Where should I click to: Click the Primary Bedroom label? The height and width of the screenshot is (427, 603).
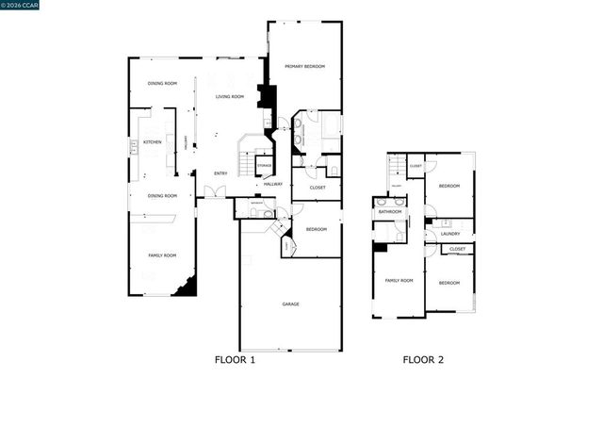tap(305, 66)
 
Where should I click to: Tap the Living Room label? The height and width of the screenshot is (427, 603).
tap(230, 97)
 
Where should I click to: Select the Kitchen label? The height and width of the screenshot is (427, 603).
tap(152, 142)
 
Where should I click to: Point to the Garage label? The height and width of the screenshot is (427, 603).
tap(291, 304)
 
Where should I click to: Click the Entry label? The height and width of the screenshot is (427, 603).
tap(220, 172)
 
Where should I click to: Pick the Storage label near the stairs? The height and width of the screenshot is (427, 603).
tap(264, 166)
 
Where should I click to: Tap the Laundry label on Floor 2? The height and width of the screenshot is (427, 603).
tap(450, 233)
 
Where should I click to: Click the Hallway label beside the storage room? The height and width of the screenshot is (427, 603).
tap(273, 183)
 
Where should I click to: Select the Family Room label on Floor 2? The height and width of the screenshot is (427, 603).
tap(399, 281)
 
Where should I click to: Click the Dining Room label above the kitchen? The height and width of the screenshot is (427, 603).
tap(162, 85)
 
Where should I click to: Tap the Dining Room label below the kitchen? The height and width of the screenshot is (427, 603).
tap(162, 195)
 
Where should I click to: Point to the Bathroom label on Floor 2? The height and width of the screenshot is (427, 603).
tap(390, 212)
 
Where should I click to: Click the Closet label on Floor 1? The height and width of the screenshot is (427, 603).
tap(318, 188)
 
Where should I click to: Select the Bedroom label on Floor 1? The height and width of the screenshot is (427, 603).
tap(317, 229)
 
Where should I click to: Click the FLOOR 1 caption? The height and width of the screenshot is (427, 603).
tap(236, 359)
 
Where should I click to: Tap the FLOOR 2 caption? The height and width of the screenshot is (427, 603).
tap(423, 359)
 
